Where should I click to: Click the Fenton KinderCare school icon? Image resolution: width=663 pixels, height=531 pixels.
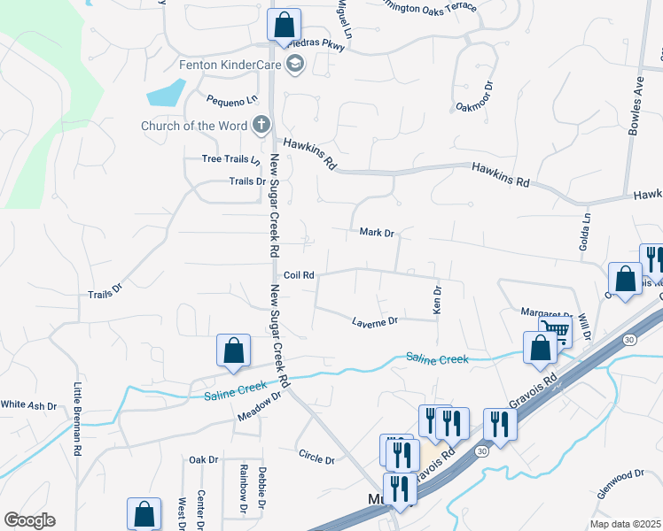[295, 64]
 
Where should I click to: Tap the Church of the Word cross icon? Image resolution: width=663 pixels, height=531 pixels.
[261, 126]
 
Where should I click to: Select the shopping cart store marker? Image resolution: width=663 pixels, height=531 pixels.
[555, 332]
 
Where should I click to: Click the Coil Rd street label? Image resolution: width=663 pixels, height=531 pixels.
[300, 275]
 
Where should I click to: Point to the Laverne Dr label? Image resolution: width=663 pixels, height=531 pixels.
[375, 322]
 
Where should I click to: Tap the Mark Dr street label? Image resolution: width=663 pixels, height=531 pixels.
[376, 233]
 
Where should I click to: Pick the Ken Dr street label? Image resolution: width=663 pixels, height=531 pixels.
[436, 299]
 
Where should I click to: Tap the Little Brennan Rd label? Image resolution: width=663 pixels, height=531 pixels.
[78, 419]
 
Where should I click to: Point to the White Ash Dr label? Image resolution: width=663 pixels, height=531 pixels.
[28, 405]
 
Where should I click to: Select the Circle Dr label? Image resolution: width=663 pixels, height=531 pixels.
[316, 460]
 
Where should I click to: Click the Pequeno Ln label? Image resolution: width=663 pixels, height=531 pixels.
[225, 101]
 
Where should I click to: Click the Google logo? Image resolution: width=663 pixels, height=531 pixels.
[29, 520]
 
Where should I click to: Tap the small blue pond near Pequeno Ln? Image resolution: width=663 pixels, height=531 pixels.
[166, 92]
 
